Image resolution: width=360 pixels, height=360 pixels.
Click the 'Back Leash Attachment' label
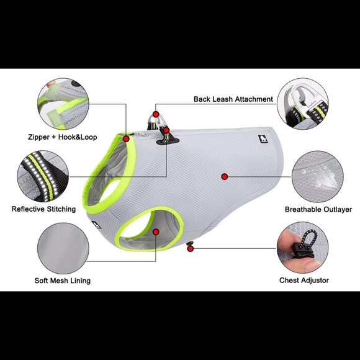(233, 99)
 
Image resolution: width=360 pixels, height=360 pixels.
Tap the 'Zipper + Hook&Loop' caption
(63, 137)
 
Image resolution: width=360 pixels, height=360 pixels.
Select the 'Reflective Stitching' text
(43, 209)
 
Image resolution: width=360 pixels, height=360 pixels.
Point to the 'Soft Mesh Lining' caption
(63, 281)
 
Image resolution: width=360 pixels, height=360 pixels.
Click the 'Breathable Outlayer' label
(318, 209)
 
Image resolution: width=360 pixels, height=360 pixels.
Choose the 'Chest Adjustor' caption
(304, 281)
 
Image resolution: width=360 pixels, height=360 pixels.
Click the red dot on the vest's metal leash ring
(156, 114)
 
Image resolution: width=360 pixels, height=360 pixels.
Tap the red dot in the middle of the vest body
(225, 176)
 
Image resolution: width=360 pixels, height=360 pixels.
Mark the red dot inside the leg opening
(156, 232)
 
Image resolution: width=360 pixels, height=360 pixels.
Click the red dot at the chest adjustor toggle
(191, 248)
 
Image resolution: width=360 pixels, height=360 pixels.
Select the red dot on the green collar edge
(126, 138)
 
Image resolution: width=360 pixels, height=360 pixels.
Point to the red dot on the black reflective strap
(166, 130)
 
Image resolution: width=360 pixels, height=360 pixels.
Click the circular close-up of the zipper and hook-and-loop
(63, 104)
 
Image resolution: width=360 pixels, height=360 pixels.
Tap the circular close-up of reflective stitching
(43, 176)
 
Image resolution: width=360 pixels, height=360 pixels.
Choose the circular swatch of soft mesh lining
(63, 248)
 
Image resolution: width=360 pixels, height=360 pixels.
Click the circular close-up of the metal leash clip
(303, 104)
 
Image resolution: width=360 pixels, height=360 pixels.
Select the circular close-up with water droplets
(318, 176)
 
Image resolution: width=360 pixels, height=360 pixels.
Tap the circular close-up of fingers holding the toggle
(303, 248)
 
